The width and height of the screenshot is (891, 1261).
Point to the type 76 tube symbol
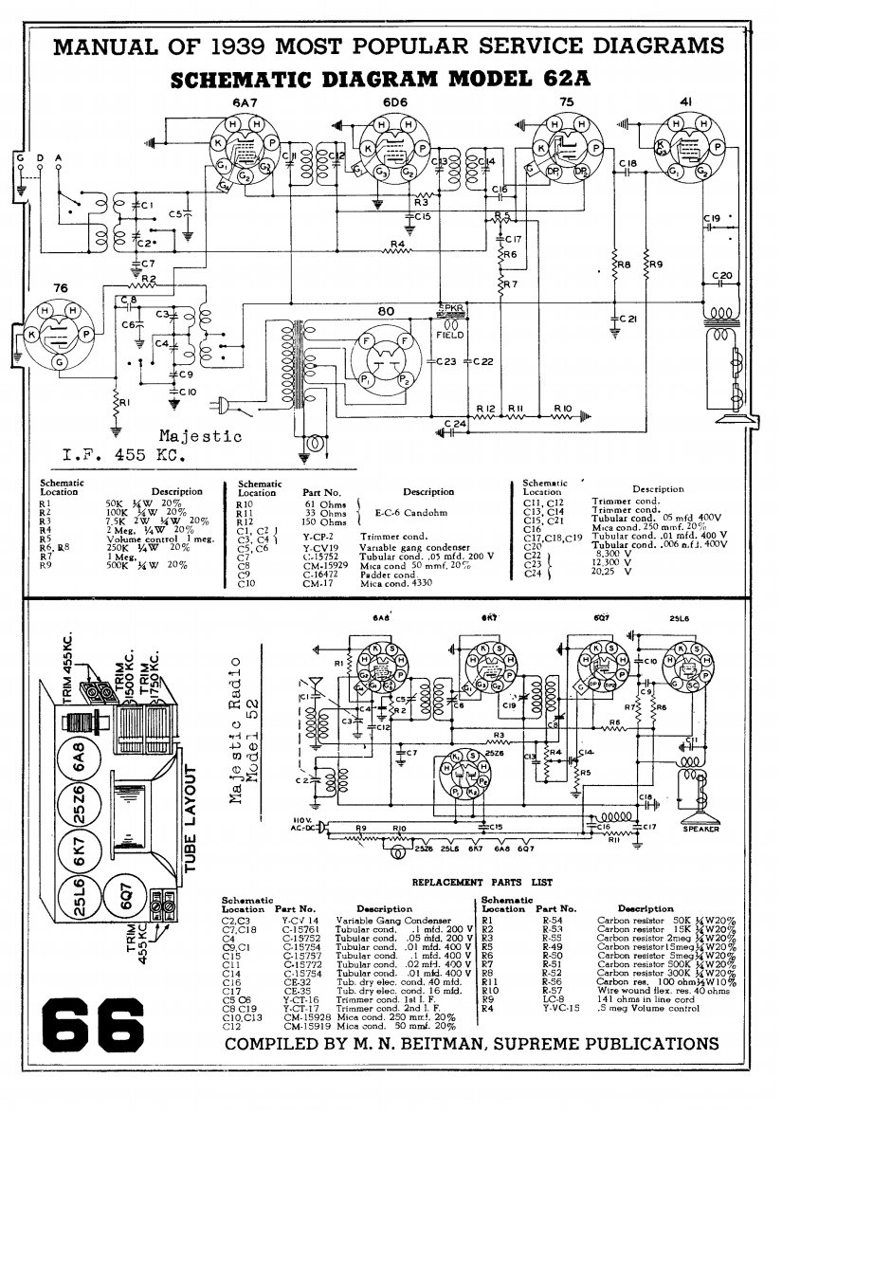60,334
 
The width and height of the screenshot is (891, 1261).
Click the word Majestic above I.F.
200,437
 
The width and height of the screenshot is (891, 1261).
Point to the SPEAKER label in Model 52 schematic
701,829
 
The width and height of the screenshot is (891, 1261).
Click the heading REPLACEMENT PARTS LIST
482,882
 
